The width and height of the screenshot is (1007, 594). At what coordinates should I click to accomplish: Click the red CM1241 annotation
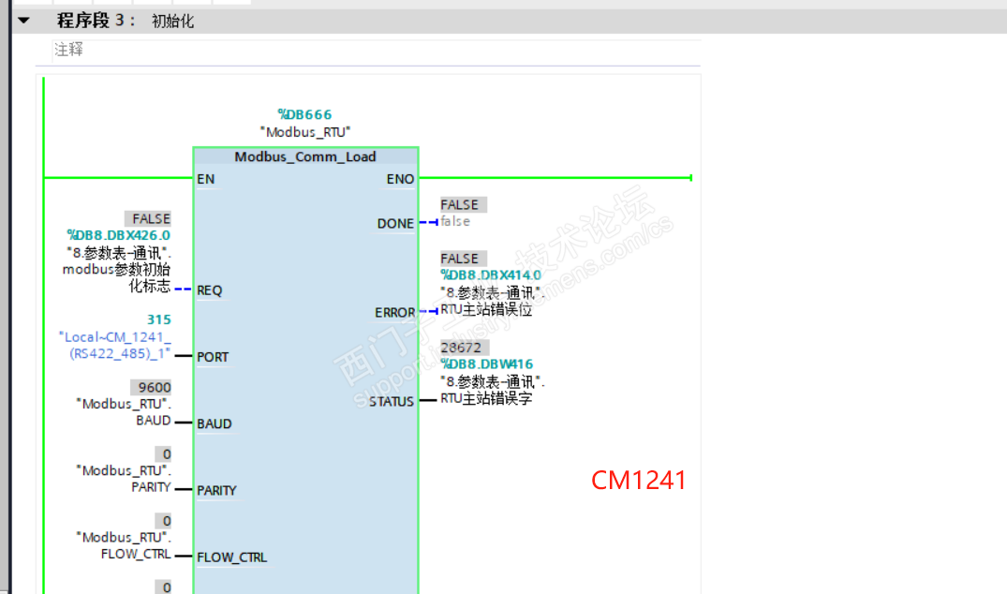pos(639,481)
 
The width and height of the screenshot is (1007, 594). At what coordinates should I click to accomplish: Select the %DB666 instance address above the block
pos(304,115)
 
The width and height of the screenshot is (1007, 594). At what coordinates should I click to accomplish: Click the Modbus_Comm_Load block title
pos(305,156)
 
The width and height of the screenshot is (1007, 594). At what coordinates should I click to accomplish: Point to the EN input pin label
pos(206,178)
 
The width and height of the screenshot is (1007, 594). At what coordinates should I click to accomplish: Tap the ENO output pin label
pos(400,178)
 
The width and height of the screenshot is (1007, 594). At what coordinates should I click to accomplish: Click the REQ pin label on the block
pos(210,290)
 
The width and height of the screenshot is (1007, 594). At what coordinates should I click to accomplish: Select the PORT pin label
pos(213,357)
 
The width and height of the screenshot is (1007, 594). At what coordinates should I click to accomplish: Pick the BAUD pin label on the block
pos(214,423)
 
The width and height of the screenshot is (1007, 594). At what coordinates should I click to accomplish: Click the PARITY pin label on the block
pos(216,490)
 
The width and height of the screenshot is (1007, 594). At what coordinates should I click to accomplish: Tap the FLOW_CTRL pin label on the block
pos(231,557)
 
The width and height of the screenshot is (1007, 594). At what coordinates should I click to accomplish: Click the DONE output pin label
pos(395,223)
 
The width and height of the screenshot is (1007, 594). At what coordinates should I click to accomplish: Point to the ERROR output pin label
pos(394,312)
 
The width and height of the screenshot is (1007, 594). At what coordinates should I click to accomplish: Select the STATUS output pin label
pos(392,402)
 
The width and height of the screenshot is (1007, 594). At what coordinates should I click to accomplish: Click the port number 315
pos(158,319)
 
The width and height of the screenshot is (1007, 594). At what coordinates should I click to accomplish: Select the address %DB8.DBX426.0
pos(118,235)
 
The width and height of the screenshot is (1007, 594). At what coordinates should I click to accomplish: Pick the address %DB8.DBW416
pos(487,364)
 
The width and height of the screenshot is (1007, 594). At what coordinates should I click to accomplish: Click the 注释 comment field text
pos(68,50)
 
